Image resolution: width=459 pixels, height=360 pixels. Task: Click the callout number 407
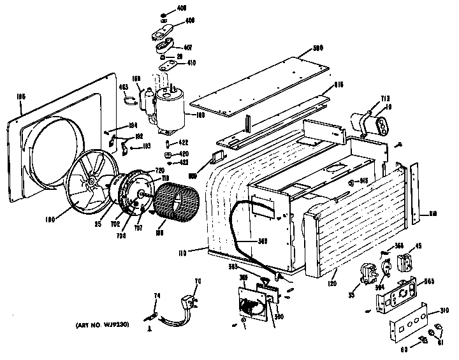pyautogui.click(x=187, y=47)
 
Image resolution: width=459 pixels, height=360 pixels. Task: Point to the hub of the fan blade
pyautogui.click(x=94, y=183)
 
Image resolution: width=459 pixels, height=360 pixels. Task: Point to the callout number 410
pyautogui.click(x=191, y=62)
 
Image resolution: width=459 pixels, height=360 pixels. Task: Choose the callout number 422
pyautogui.click(x=184, y=143)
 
